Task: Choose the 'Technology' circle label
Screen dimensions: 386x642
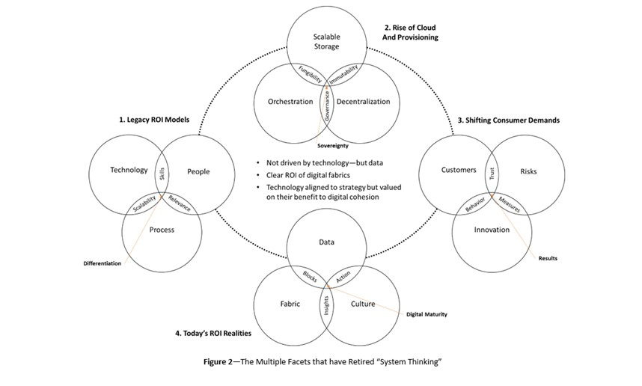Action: (129, 170)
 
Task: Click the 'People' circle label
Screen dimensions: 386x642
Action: (198, 171)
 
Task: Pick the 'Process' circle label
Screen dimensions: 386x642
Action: (162, 230)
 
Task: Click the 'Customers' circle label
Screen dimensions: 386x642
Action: (459, 170)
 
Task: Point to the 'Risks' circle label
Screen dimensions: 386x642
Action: (528, 171)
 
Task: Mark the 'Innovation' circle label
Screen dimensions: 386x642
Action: (492, 230)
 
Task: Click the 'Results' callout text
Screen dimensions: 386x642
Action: (548, 259)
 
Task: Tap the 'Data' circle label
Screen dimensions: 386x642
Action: (326, 242)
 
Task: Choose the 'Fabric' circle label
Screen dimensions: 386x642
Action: (289, 304)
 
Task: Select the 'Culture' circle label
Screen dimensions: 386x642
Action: (363, 304)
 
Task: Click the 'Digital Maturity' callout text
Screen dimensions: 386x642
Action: (427, 314)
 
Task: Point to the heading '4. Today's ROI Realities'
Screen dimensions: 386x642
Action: (207, 332)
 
